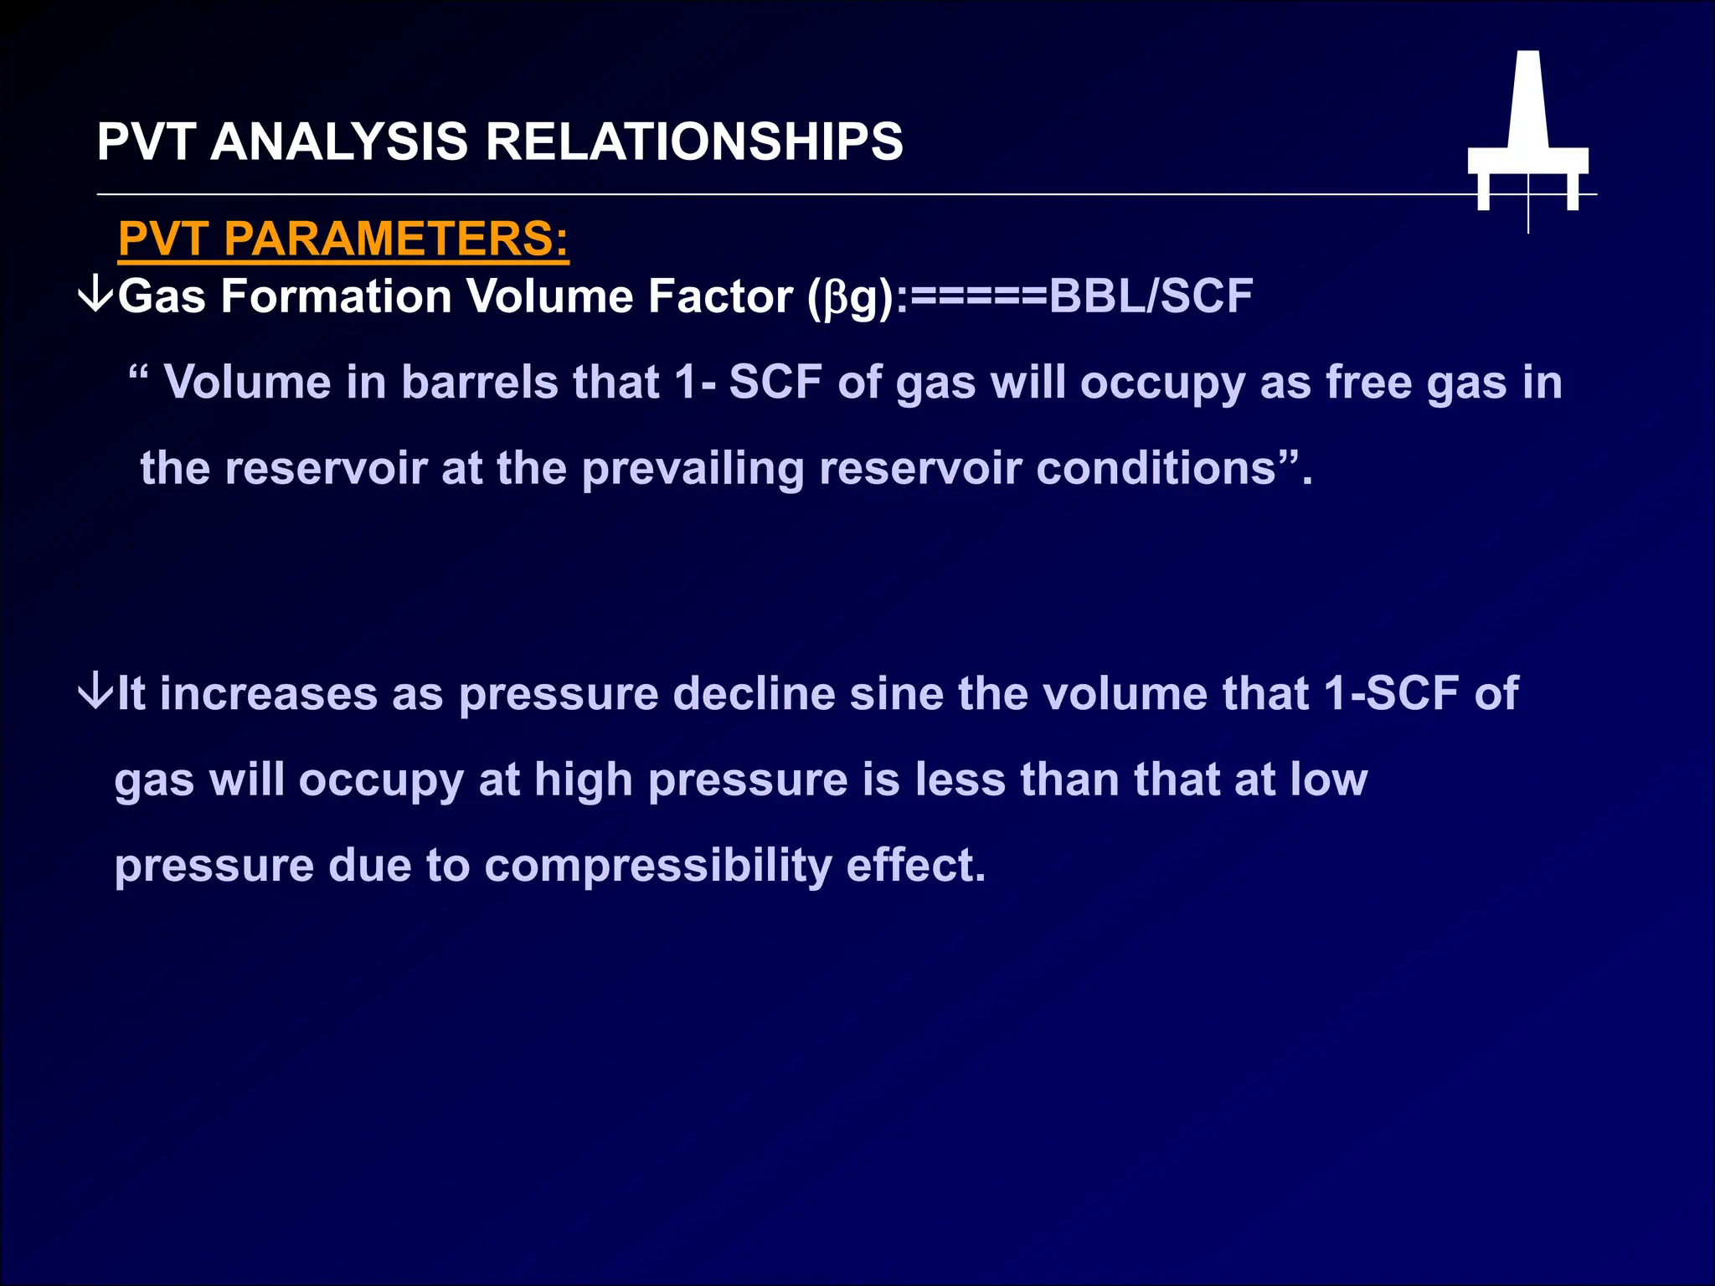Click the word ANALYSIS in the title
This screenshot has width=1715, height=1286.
(339, 141)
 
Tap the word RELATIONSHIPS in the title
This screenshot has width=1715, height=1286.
(694, 141)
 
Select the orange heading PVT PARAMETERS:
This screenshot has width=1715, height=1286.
(343, 239)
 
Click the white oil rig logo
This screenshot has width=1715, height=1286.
(1527, 142)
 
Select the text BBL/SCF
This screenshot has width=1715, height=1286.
(1151, 296)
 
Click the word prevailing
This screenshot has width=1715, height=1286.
(693, 469)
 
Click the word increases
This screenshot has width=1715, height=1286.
(268, 694)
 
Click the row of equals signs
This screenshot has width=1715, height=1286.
(978, 296)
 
